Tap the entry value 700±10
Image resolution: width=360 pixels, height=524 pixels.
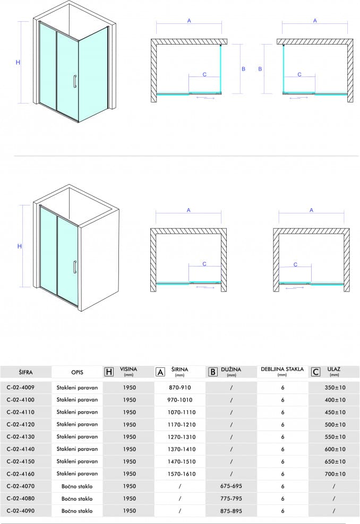(335, 474)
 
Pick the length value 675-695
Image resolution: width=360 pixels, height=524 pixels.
(231, 486)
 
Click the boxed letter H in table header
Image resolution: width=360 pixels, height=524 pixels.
(109, 372)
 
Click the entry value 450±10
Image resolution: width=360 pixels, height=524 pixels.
(335, 412)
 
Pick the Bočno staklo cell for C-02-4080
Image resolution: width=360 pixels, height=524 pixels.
(77, 499)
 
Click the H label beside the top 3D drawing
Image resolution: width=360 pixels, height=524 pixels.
(18, 62)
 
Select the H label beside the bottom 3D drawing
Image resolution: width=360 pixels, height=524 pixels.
(20, 246)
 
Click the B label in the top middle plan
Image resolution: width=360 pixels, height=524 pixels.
(244, 68)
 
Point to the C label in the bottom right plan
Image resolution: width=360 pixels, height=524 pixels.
(295, 264)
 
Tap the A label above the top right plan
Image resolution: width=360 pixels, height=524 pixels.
(315, 21)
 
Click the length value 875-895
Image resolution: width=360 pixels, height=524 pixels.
(231, 511)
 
